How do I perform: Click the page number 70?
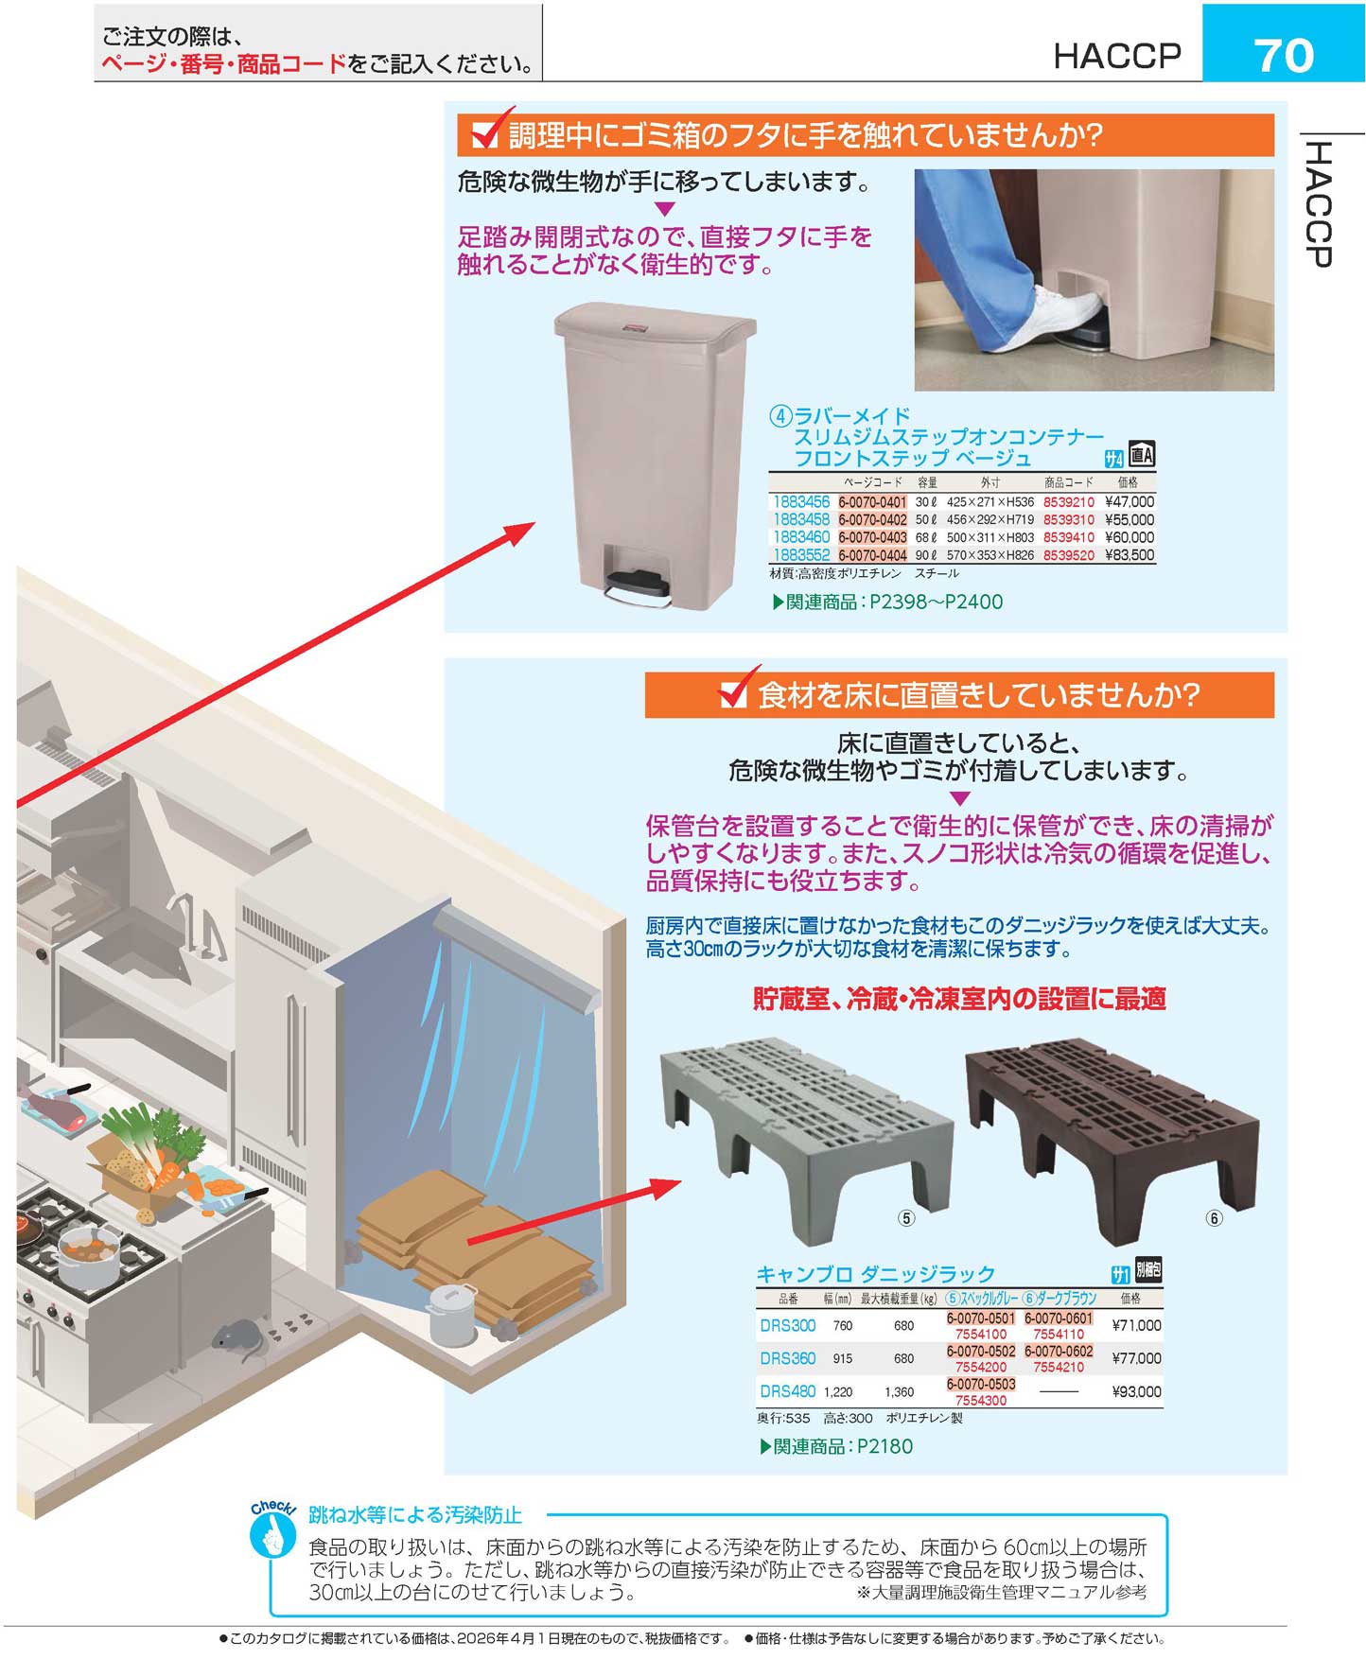pos(1284,55)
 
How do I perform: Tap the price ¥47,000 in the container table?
pos(1130,502)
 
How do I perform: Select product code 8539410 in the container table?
pos(1068,537)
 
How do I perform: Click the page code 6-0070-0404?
pos(872,555)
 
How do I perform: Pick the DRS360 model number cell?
pos(787,1358)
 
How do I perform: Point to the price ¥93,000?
pos(1136,1391)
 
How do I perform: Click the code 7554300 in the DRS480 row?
pos(981,1400)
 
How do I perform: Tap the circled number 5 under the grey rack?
pos(906,1218)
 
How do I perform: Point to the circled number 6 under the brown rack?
pos(1214,1218)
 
